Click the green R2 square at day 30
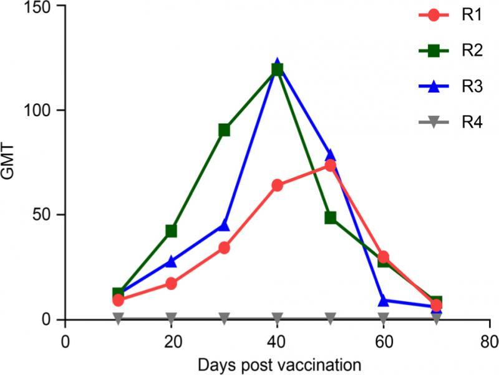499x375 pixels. (x=224, y=130)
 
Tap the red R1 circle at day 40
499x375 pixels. (x=277, y=186)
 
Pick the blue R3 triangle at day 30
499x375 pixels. (x=224, y=226)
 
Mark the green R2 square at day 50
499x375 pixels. (x=331, y=218)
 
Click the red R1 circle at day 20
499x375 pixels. (x=171, y=284)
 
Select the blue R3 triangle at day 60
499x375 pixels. (x=384, y=301)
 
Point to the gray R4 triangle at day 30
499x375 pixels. (x=224, y=317)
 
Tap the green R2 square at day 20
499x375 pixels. (x=171, y=231)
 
